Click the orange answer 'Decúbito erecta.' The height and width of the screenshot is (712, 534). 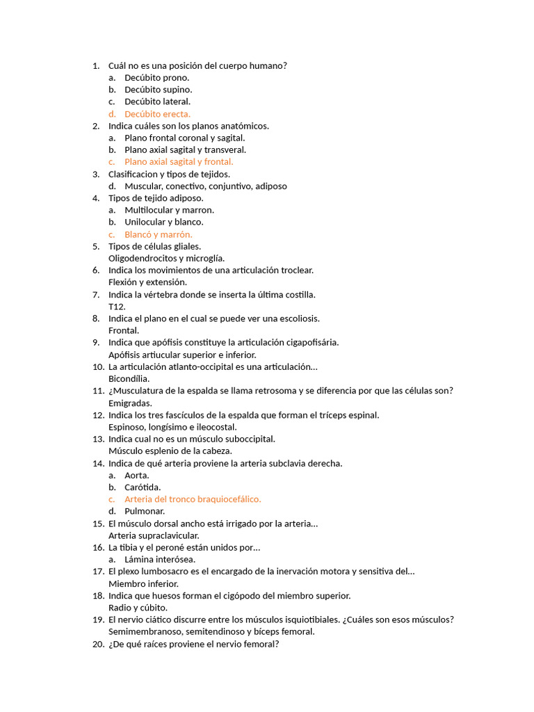(x=157, y=114)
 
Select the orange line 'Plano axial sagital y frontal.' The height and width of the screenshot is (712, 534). (x=179, y=162)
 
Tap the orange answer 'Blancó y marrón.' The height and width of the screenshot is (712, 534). (x=159, y=234)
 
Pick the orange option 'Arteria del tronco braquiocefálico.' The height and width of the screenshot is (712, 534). (x=193, y=499)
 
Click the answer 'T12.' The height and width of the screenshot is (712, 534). (x=117, y=307)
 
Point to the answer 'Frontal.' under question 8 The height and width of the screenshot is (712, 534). (x=124, y=331)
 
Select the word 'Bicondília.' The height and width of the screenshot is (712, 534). (x=129, y=379)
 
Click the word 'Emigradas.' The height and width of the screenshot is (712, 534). (x=130, y=403)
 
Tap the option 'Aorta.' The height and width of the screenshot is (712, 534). (x=137, y=476)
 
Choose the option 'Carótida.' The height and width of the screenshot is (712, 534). (x=143, y=487)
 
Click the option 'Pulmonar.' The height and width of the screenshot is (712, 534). (x=145, y=512)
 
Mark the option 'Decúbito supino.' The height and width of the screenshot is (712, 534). (x=159, y=90)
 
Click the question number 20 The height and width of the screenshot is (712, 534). (x=98, y=644)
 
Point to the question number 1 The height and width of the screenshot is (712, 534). (x=96, y=65)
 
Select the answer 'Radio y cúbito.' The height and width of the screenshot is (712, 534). (x=138, y=608)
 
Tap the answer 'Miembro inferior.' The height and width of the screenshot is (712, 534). (x=143, y=584)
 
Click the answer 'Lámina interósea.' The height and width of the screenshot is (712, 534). (x=160, y=560)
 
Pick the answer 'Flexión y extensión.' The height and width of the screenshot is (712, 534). (x=147, y=282)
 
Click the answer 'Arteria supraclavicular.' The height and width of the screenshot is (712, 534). (x=154, y=535)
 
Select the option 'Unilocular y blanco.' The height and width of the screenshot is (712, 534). (x=164, y=222)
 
